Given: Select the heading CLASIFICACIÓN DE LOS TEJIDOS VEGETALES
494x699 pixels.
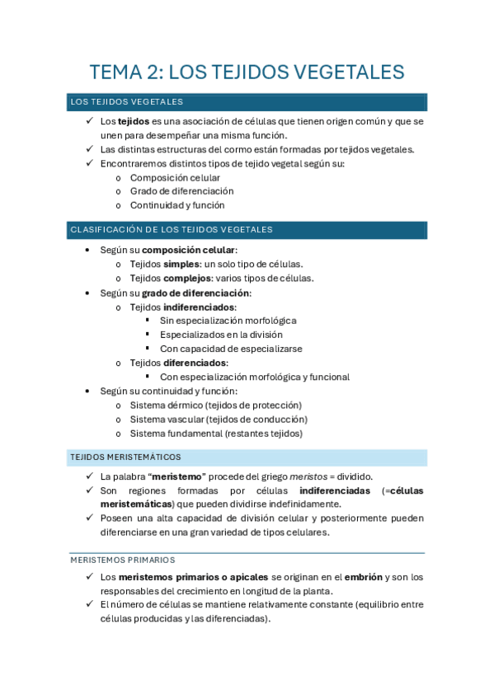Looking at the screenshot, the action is [172, 230].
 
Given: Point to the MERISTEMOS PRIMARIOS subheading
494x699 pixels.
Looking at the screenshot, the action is [122, 561].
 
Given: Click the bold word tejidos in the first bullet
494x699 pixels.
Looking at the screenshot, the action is [128, 121].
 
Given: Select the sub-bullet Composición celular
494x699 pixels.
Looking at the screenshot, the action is [175, 177].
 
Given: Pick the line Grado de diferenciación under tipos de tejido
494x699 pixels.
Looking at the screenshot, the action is [181, 191].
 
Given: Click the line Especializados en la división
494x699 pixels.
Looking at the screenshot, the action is [221, 335].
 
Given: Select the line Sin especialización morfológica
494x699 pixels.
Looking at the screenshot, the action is [228, 321].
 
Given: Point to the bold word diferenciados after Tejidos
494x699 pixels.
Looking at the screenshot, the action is [195, 363].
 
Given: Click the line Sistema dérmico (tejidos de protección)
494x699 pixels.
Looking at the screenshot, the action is [216, 405].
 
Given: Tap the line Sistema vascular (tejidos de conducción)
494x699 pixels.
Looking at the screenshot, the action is [218, 419].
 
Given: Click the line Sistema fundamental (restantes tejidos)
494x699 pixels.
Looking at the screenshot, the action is [216, 433].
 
